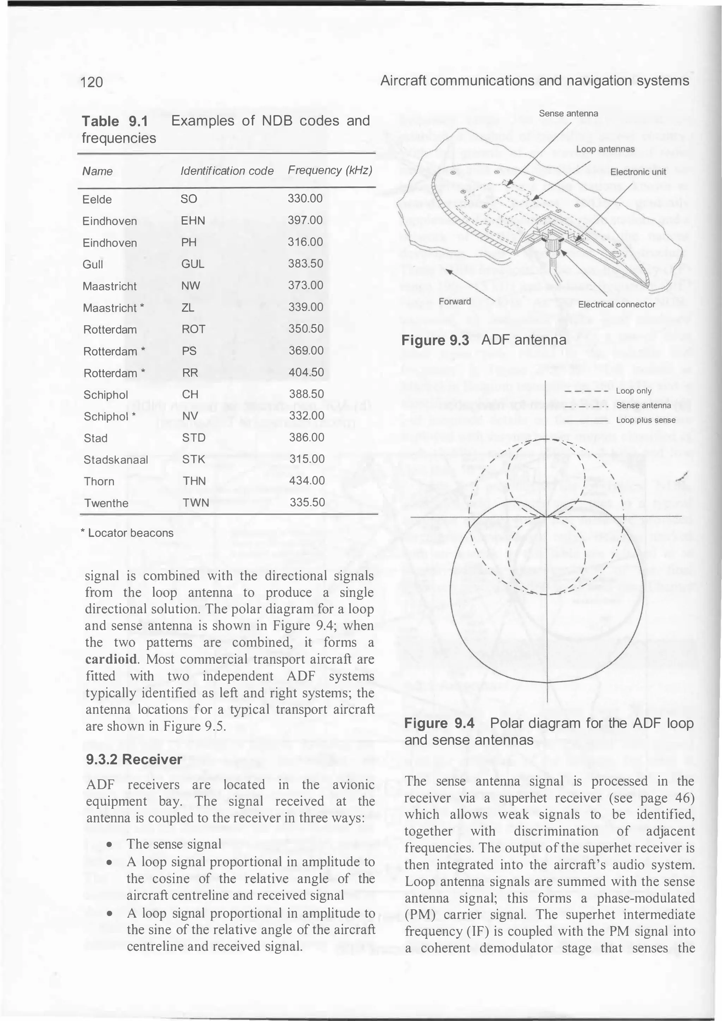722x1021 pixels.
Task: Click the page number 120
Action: coord(92,82)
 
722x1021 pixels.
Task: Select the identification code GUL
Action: coord(192,264)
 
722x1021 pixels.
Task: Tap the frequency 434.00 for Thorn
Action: coord(307,480)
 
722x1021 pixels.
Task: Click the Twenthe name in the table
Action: coord(106,503)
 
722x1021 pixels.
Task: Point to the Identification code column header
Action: coord(227,171)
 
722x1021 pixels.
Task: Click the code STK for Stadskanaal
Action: coord(194,459)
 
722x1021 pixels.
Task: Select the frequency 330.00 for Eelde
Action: coord(305,198)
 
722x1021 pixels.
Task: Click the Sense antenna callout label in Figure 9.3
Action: coord(568,114)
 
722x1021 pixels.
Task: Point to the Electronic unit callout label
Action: coord(638,172)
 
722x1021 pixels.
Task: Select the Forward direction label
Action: coord(454,301)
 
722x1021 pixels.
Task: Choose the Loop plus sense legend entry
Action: coord(645,420)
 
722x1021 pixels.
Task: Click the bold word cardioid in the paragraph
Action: coord(111,659)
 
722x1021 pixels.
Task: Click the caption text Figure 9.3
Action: coord(435,341)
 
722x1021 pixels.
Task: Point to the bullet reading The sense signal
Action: coord(174,844)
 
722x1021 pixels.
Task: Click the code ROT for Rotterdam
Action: coord(194,329)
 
